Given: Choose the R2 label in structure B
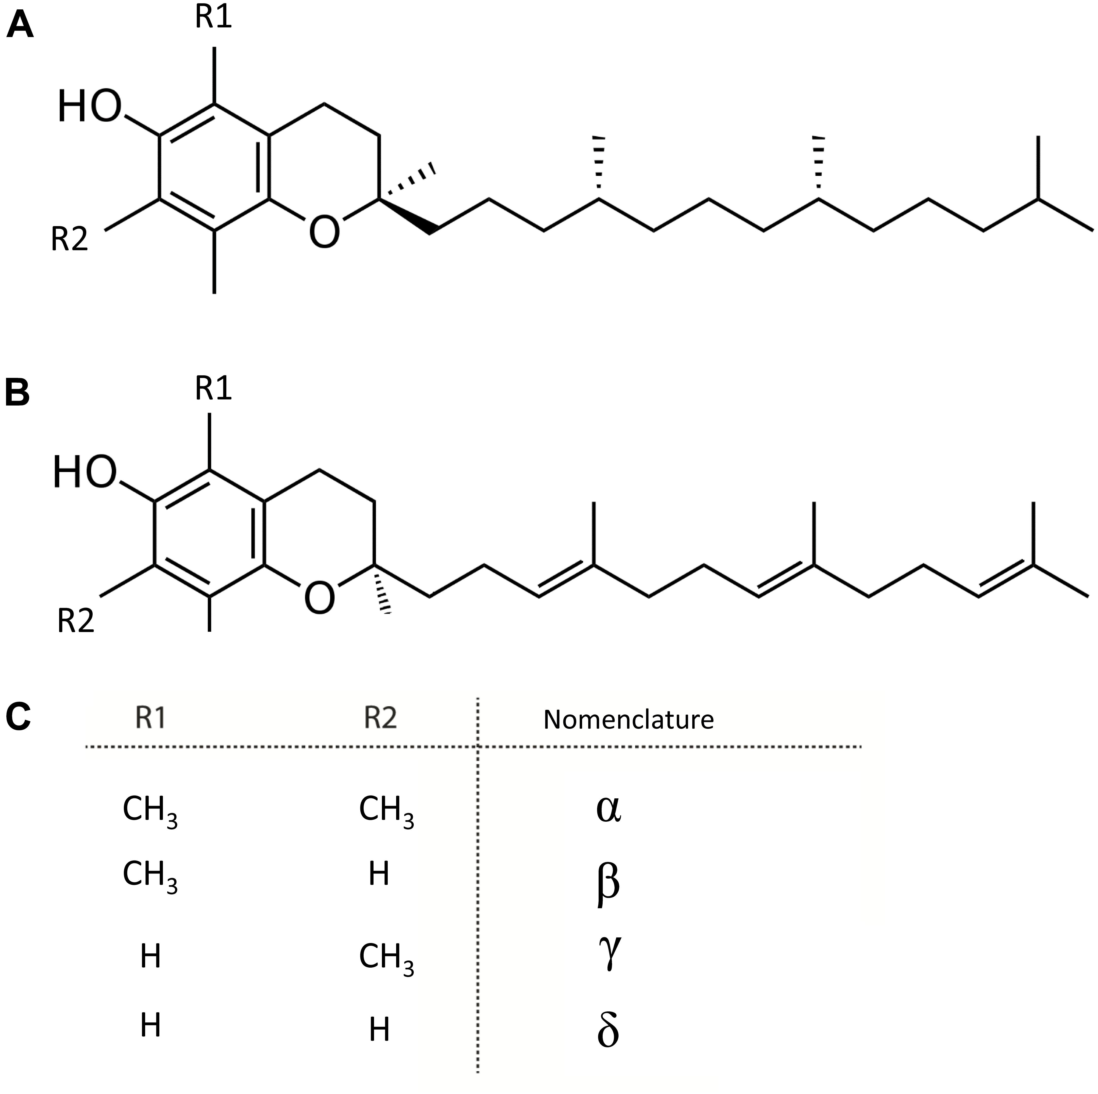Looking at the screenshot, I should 76,621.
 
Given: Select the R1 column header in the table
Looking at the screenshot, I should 151,718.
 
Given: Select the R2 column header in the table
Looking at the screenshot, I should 380,718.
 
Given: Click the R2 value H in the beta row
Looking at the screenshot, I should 379,874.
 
